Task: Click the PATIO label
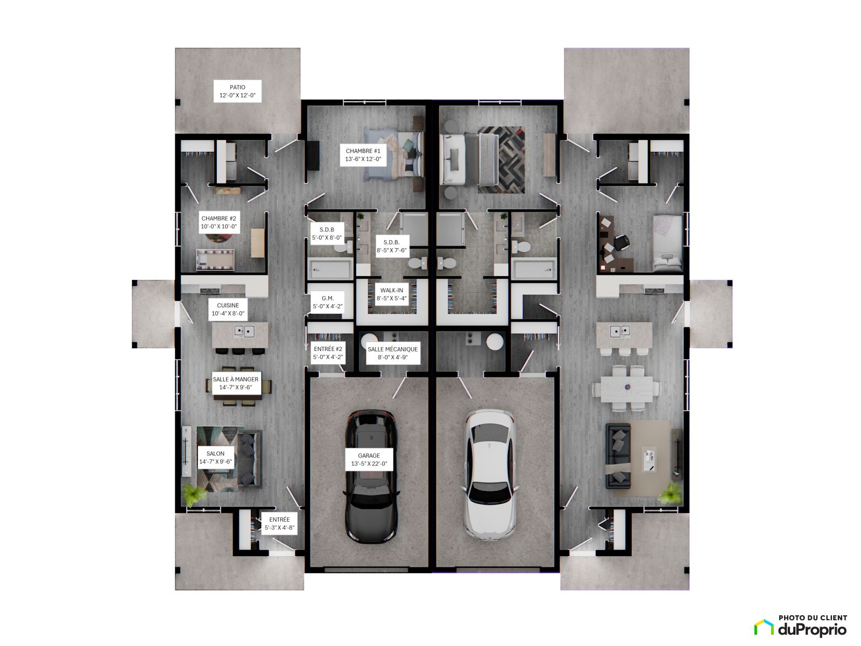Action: [x=237, y=91]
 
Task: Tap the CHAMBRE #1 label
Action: [x=363, y=155]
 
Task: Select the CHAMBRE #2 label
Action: [x=218, y=222]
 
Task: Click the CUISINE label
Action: [x=228, y=309]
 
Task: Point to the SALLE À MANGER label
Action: [x=235, y=383]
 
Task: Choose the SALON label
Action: [x=215, y=458]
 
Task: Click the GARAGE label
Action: [x=369, y=459]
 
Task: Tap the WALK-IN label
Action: [x=391, y=294]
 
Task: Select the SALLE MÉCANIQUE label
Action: [x=393, y=353]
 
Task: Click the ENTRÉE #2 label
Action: [x=328, y=353]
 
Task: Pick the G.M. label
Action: [x=328, y=302]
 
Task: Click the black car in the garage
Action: [x=371, y=476]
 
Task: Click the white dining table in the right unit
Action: [x=626, y=388]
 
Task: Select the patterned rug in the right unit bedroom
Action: [x=502, y=160]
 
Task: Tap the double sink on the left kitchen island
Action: [x=244, y=332]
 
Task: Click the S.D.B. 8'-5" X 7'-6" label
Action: [x=391, y=247]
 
